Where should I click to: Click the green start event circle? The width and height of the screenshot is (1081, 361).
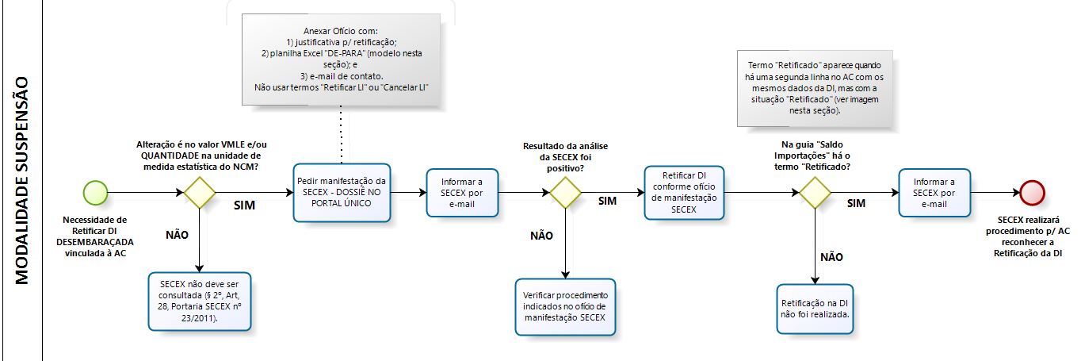click(x=95, y=193)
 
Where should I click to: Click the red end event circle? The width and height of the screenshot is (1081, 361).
click(x=1033, y=193)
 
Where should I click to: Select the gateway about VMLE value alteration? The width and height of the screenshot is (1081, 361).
click(x=199, y=193)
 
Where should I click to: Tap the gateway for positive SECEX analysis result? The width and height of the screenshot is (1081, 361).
click(x=566, y=193)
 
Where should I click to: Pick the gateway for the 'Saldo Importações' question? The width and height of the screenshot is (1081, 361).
click(x=814, y=193)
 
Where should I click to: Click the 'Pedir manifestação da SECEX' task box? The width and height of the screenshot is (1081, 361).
click(x=342, y=193)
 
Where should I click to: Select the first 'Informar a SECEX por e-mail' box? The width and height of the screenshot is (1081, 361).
click(x=463, y=193)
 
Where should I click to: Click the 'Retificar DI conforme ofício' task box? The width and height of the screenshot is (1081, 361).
click(x=683, y=193)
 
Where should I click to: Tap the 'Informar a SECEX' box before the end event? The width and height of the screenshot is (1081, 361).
click(x=935, y=193)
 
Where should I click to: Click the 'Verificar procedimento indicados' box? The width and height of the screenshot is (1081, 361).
click(x=566, y=307)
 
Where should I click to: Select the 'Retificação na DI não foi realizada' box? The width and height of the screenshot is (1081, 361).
click(x=816, y=309)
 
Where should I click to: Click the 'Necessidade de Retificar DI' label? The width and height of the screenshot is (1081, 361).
click(x=99, y=236)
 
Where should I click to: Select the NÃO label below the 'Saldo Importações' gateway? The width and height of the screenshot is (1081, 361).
click(x=831, y=257)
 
